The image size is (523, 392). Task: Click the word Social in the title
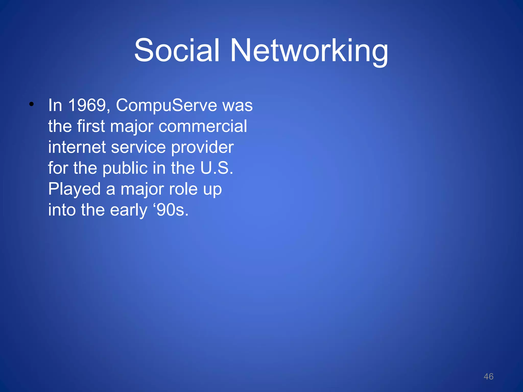click(177, 50)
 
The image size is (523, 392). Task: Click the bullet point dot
click(31, 104)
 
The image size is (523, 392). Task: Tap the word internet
click(77, 147)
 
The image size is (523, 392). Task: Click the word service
click(138, 147)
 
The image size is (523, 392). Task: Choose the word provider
click(202, 148)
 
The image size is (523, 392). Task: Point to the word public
click(125, 169)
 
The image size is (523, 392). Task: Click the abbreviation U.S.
click(217, 168)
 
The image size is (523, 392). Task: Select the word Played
click(74, 190)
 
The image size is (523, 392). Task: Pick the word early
click(129, 211)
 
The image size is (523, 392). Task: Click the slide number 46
click(488, 376)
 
